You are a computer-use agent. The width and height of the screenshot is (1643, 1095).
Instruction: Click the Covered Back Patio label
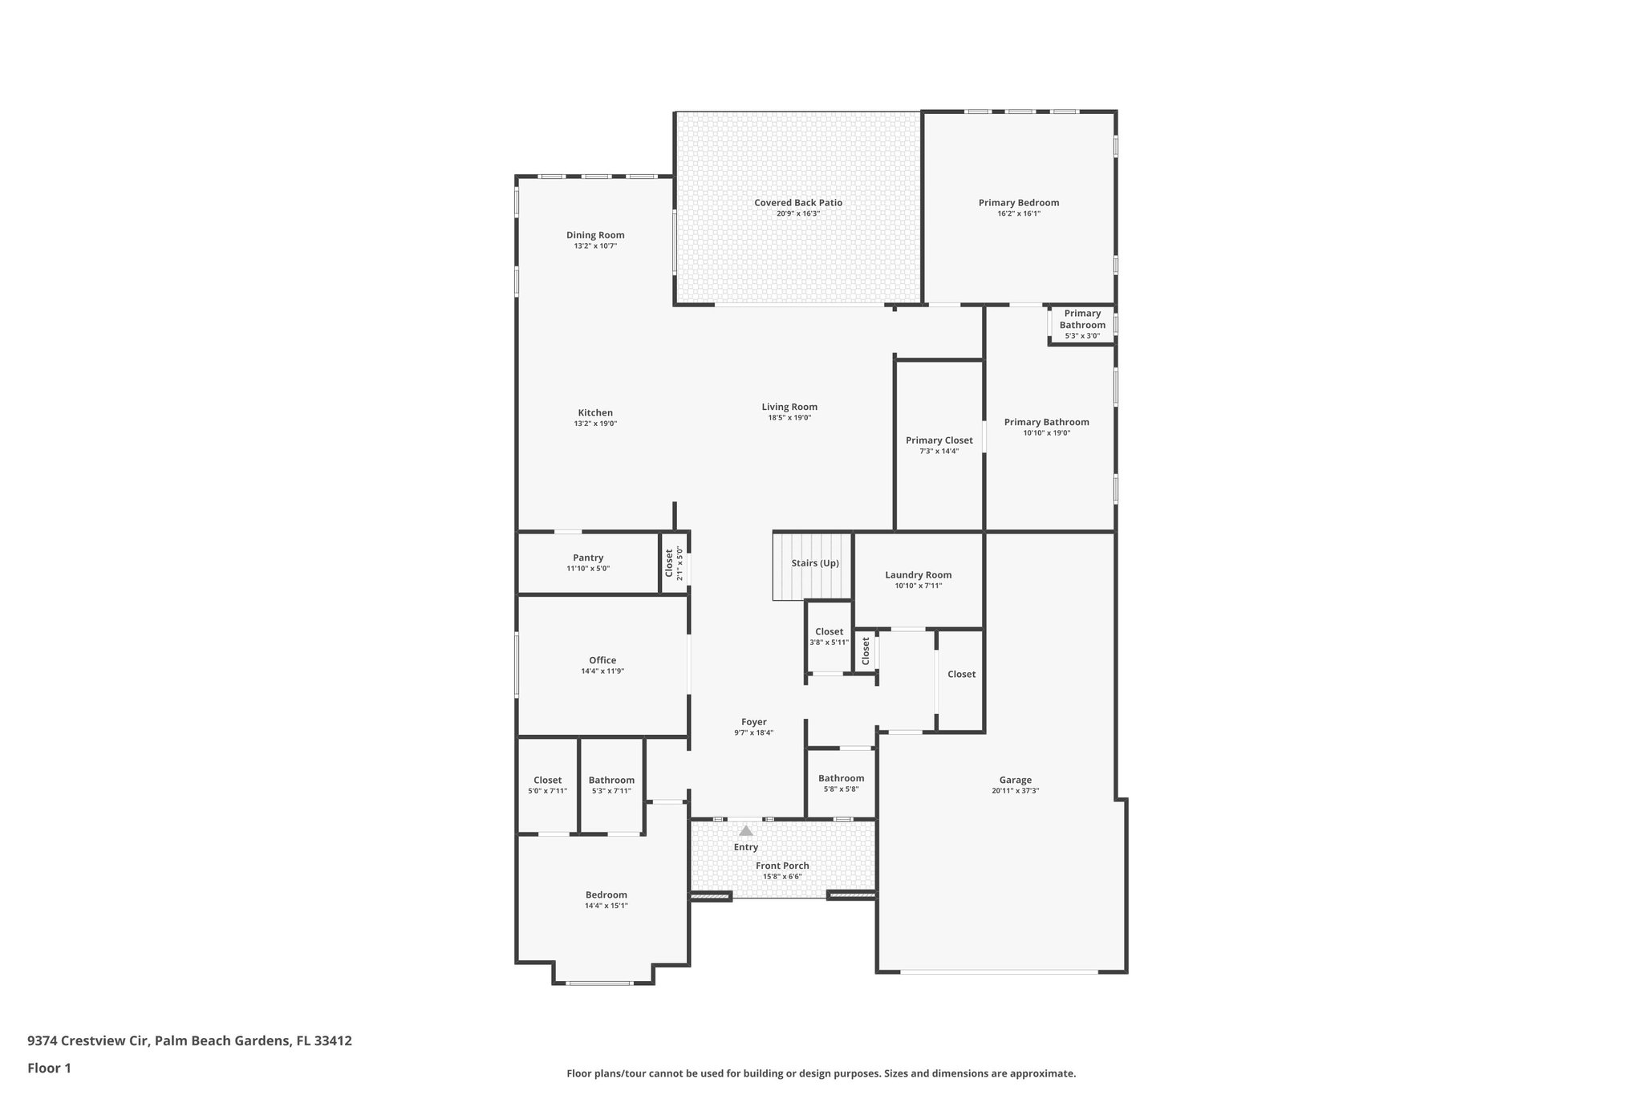point(797,203)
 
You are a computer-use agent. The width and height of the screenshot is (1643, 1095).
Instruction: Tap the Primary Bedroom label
point(1018,203)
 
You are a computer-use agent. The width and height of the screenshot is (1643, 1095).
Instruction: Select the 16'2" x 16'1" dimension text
point(1018,214)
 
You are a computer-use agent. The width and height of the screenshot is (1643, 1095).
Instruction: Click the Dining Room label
point(595,235)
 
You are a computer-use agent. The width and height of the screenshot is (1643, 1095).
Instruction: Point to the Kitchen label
point(595,413)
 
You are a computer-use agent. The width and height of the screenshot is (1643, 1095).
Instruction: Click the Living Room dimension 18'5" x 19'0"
point(789,418)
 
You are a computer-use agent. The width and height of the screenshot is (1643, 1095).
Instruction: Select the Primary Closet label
point(939,440)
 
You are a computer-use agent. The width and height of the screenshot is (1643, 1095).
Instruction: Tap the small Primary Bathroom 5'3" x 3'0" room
point(1082,324)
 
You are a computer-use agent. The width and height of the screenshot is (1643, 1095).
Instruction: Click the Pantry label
point(588,558)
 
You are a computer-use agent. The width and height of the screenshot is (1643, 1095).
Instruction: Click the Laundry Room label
point(918,575)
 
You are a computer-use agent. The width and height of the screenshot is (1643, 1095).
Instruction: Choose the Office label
point(602,660)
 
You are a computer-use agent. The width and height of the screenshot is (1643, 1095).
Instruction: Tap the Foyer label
point(753,722)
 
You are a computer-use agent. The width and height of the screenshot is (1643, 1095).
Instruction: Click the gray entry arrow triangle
point(746,831)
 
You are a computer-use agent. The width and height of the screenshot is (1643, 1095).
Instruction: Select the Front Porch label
point(782,866)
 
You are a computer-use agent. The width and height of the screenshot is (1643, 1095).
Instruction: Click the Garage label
point(1015,780)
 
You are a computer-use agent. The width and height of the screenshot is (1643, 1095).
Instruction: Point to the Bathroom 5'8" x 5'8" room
point(841,782)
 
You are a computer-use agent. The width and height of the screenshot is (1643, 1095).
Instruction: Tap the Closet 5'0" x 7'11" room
point(547,785)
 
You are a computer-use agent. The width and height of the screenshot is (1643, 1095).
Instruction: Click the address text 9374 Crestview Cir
point(88,1040)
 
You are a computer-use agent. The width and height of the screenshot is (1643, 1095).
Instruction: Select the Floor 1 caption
point(49,1068)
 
